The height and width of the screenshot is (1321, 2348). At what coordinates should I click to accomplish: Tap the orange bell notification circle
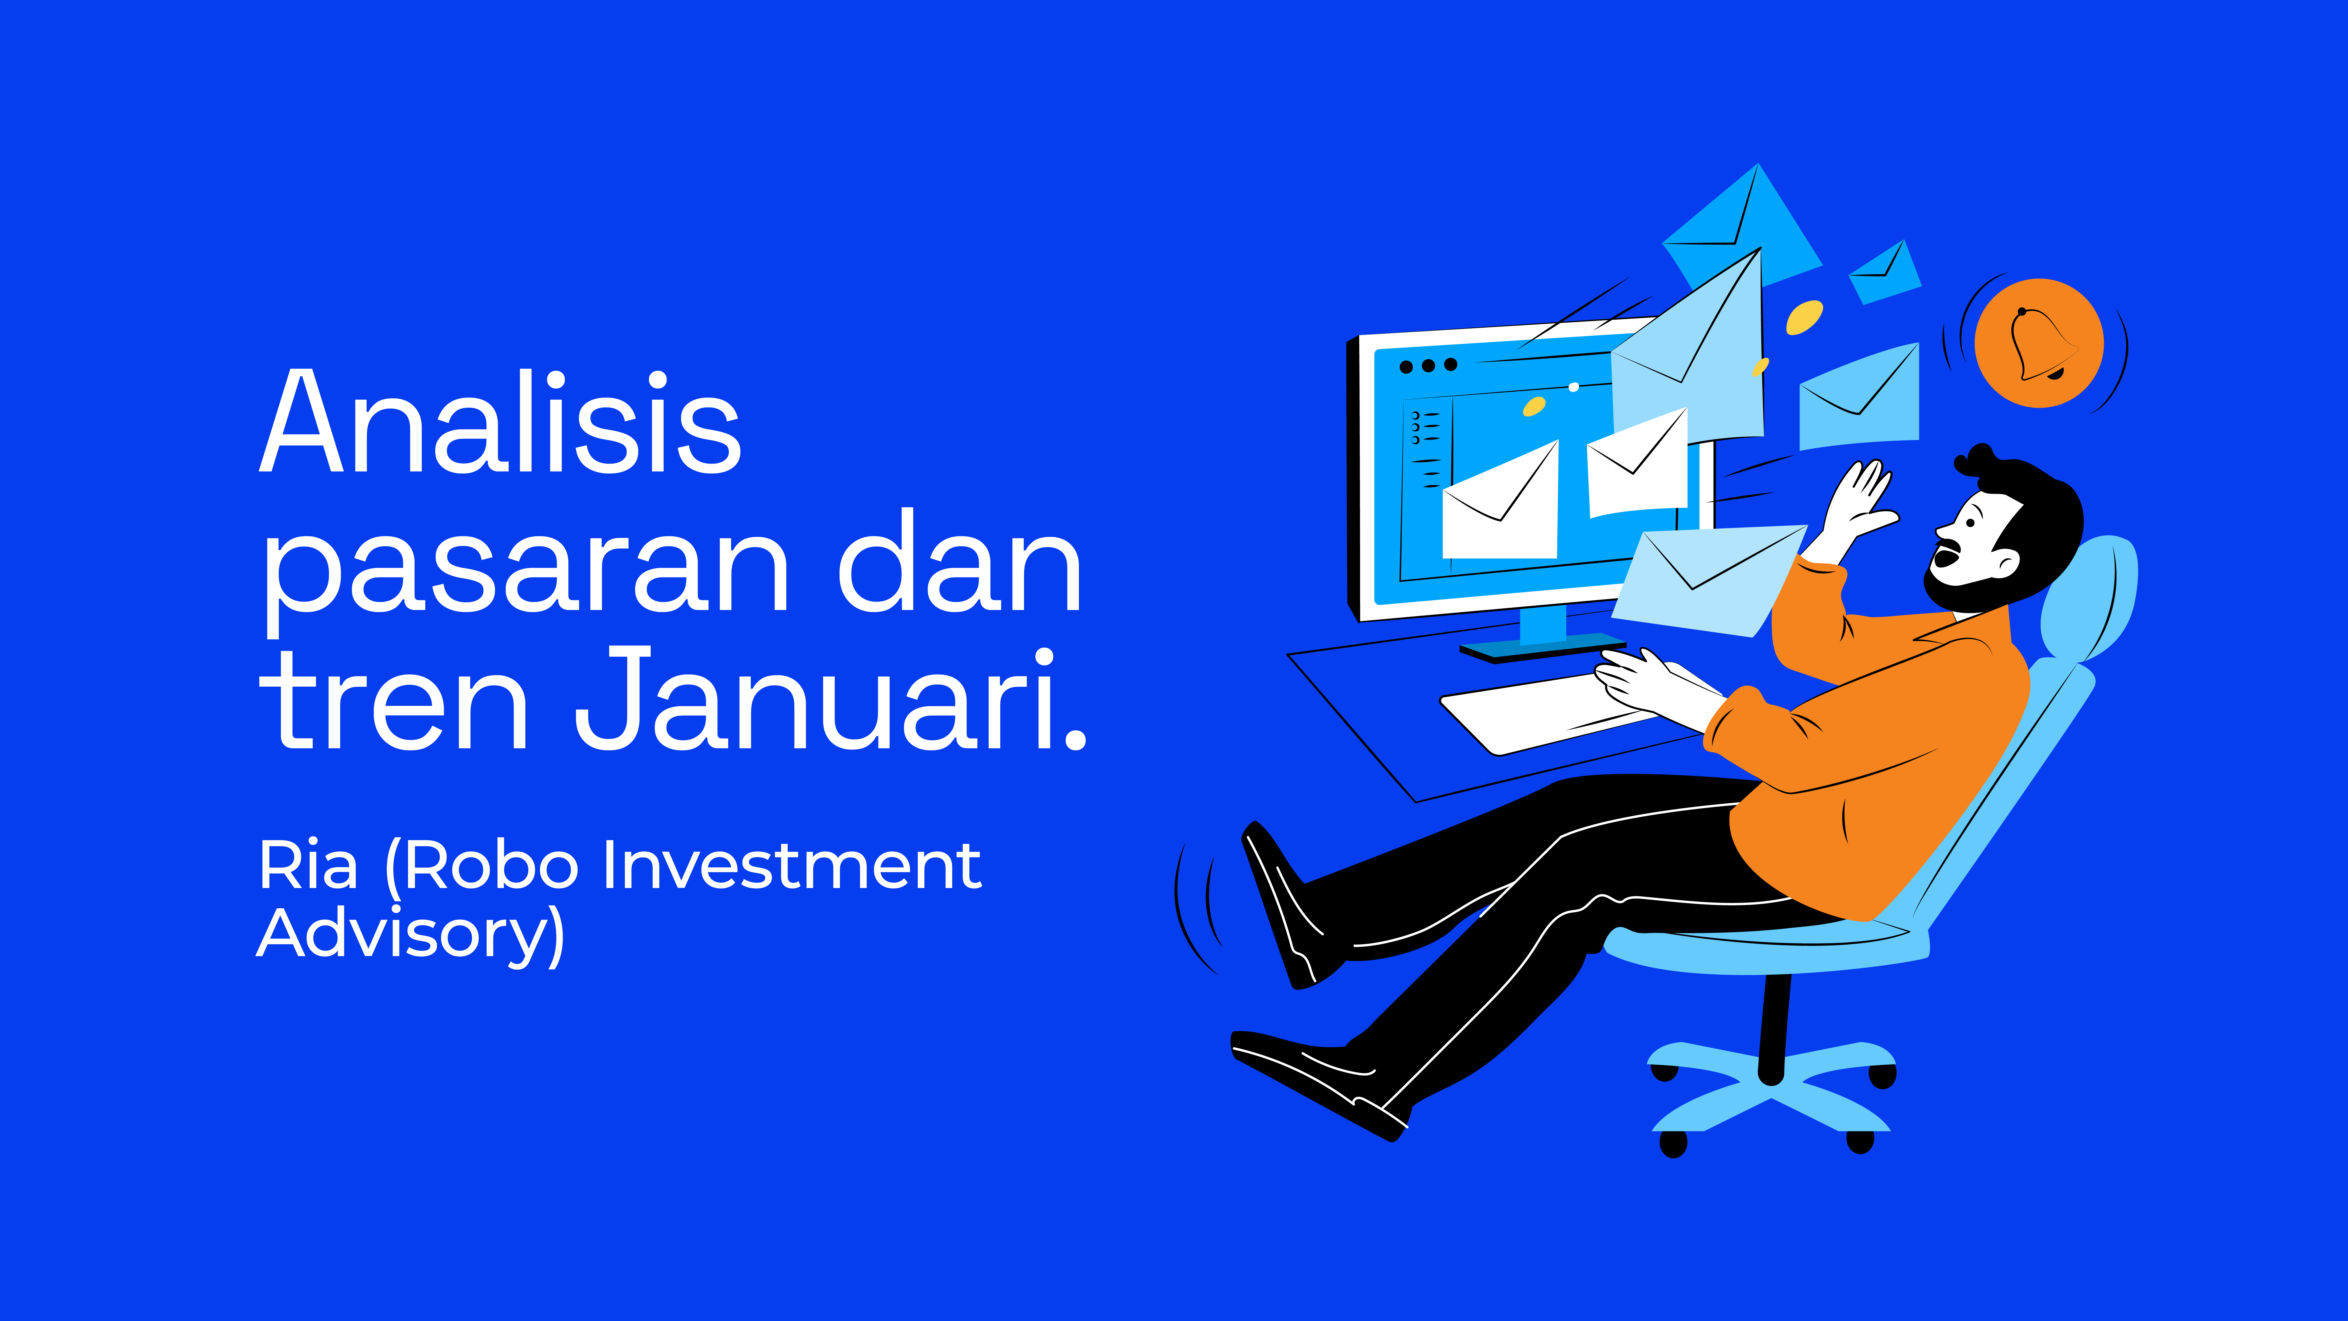tap(2039, 343)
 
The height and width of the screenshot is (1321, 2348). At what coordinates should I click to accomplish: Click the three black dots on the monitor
tap(1428, 365)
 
